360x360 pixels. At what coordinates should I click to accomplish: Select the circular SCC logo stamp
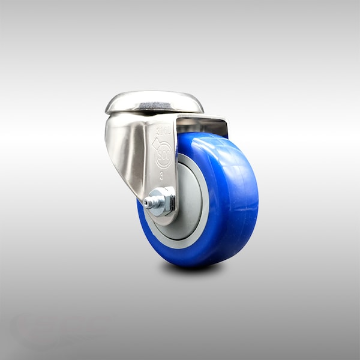[x=163, y=157]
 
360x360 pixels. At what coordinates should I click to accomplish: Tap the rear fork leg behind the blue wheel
[x=223, y=127]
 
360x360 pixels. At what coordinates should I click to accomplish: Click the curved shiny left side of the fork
[x=123, y=150]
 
